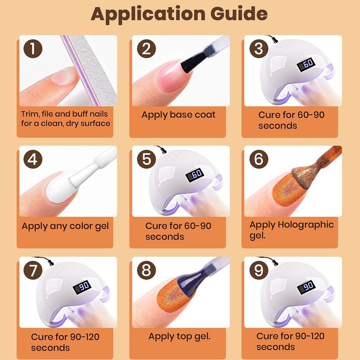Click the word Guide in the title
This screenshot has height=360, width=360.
tap(239, 14)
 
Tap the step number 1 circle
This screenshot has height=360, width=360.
tap(33, 49)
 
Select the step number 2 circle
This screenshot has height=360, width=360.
tap(147, 49)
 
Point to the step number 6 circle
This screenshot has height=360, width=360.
tap(259, 159)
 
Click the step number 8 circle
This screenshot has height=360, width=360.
tap(147, 270)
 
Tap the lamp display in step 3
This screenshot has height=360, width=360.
tap(306, 64)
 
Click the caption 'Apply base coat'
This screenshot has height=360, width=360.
tap(178, 115)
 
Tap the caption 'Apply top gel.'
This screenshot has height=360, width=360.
tap(179, 337)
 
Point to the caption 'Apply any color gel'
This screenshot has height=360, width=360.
tap(65, 226)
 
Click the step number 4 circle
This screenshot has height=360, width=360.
tap(33, 159)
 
